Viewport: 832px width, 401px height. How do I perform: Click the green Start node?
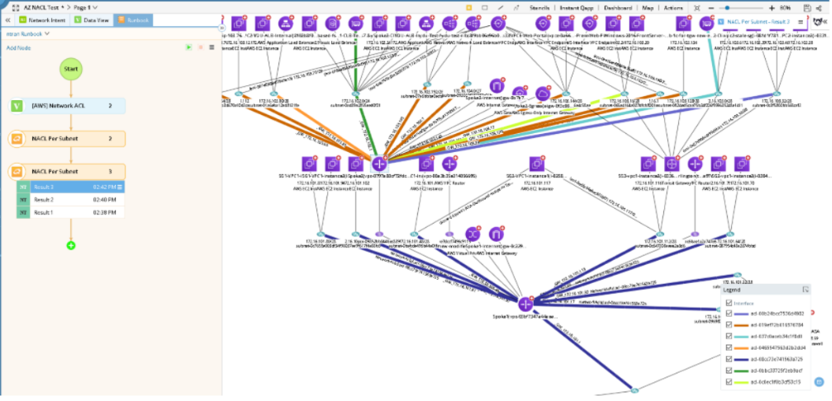point(70,69)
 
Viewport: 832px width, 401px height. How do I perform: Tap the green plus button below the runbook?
point(71,246)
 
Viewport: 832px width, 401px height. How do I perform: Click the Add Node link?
point(18,48)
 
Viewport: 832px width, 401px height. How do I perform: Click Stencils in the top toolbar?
point(540,7)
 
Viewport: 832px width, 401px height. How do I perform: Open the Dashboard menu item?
point(617,7)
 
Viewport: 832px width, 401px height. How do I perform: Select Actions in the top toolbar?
point(673,7)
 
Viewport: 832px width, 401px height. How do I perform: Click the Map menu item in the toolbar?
point(647,7)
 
